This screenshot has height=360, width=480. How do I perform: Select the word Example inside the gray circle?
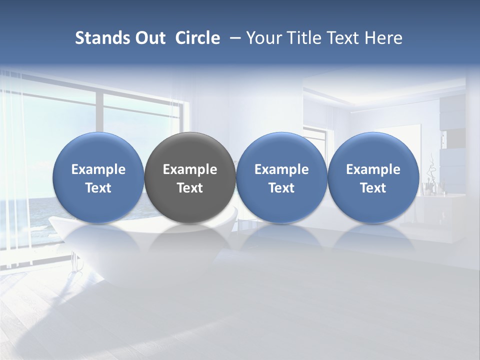point(190,169)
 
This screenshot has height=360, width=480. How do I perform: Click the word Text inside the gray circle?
point(190,188)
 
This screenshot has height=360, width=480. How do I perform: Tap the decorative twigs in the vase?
point(431,167)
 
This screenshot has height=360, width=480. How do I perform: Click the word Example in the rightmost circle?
point(373,169)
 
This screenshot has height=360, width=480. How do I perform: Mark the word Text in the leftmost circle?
point(98,188)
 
